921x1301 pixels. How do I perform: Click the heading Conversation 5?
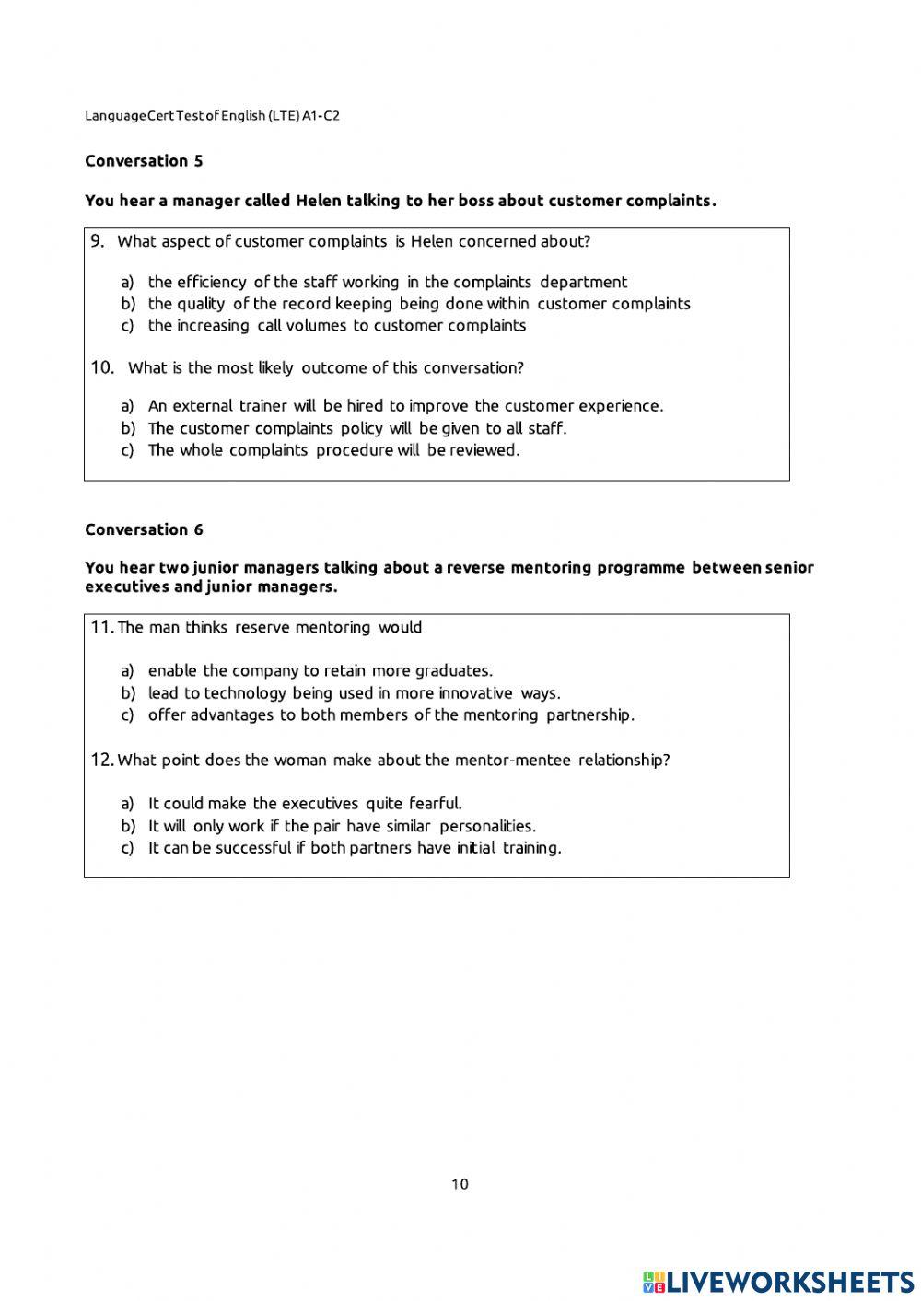coord(144,161)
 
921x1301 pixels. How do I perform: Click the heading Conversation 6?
coord(144,529)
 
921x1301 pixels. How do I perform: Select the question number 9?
coord(98,241)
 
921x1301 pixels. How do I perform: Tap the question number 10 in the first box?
coord(102,367)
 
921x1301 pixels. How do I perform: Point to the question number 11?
coord(101,627)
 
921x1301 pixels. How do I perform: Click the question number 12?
coord(101,760)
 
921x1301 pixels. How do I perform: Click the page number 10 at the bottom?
coord(460,1184)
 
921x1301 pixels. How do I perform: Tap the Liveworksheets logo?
coord(778,1281)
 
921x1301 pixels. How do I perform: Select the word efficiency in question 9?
coord(211,282)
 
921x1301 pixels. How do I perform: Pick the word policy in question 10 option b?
coord(361,428)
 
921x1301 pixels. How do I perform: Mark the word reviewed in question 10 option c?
coord(484,450)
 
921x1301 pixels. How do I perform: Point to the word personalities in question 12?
coord(487,826)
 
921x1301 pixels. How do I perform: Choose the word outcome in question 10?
coord(332,367)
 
